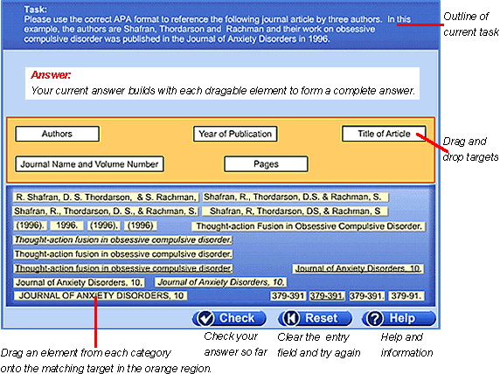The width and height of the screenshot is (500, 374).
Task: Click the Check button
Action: click(229, 318)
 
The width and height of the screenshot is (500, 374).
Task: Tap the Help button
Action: click(399, 318)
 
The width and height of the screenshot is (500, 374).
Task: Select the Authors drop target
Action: click(57, 134)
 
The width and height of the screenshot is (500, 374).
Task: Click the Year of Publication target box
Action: click(235, 134)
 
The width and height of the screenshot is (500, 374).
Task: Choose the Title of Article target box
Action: click(384, 134)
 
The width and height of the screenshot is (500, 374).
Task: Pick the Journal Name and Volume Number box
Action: click(89, 164)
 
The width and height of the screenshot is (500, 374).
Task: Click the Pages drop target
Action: click(266, 164)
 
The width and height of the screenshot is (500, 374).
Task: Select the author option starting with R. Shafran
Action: click(106, 197)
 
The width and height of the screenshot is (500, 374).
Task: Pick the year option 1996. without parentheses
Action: click(66, 225)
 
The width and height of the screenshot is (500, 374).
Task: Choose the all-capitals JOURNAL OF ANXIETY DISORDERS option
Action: click(101, 295)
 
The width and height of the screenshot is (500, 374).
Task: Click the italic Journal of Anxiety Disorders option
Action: click(220, 282)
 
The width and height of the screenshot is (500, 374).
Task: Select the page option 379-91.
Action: click(406, 296)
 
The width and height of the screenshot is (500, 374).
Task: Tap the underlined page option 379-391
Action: click(327, 296)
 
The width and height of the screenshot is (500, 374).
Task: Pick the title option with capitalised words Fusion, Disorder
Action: click(309, 226)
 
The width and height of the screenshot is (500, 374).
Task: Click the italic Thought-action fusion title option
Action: click(123, 239)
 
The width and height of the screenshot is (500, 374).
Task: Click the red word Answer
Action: click(51, 75)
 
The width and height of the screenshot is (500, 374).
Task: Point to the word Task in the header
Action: click(35, 10)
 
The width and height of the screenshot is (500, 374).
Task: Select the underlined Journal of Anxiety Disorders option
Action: click(358, 268)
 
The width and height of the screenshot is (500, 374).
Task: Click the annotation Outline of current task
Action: click(470, 24)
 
